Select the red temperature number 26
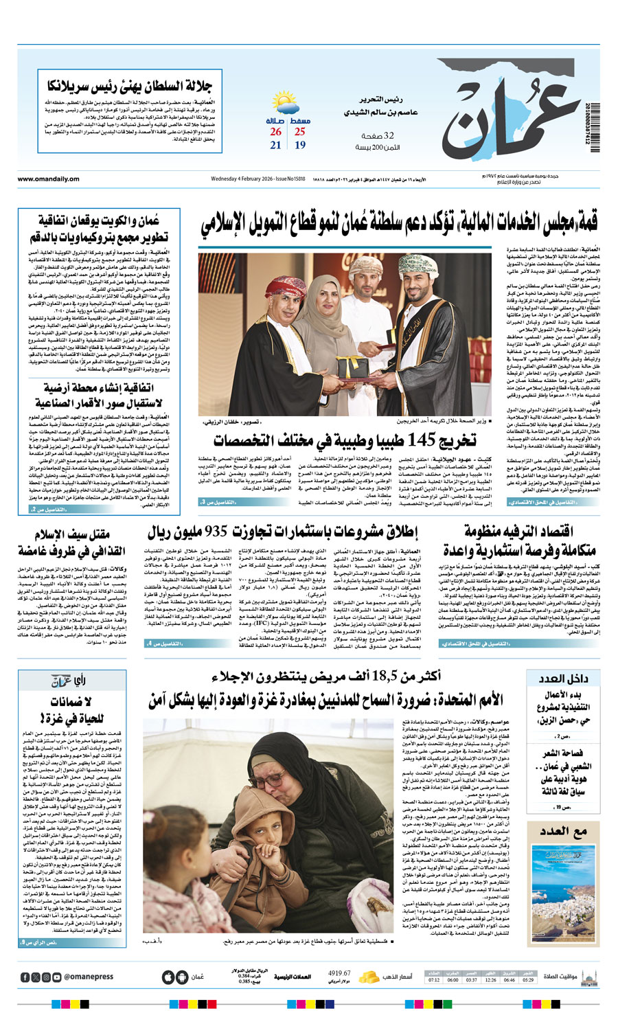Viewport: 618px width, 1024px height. (x=275, y=131)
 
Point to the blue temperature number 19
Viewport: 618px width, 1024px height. (x=300, y=145)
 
